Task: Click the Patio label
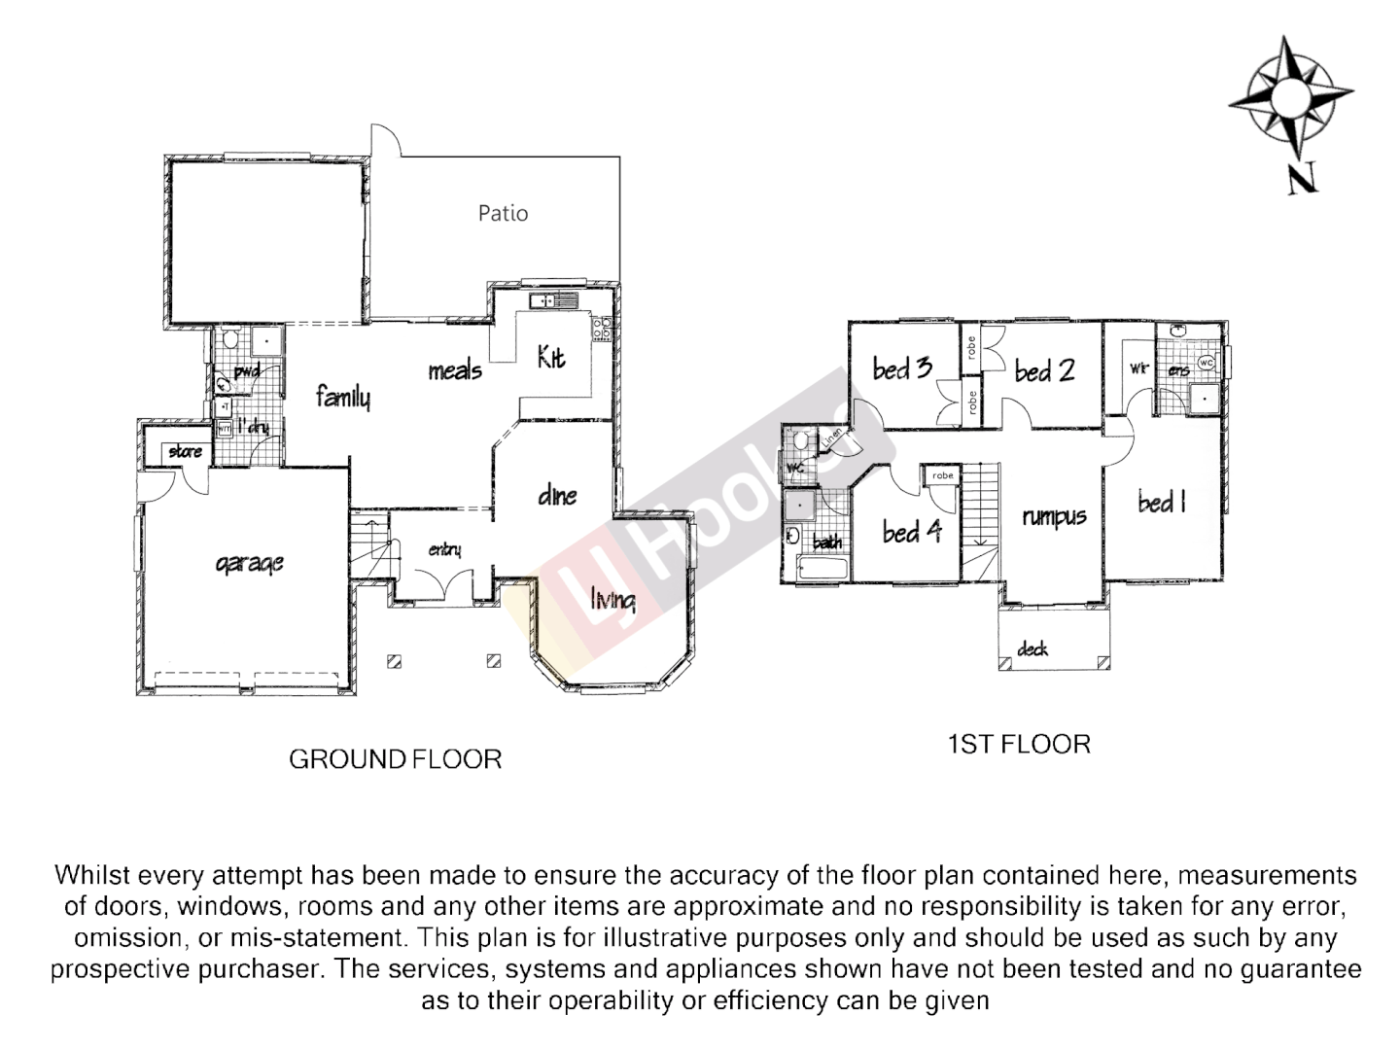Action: click(503, 213)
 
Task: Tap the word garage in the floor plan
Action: click(249, 563)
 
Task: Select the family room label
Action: click(343, 397)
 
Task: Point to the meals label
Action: click(455, 370)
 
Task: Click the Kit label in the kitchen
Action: click(551, 357)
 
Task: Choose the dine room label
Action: click(557, 496)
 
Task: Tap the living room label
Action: click(613, 601)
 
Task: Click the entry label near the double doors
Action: click(444, 550)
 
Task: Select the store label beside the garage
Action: click(185, 451)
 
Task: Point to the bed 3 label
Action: click(901, 368)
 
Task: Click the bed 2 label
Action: click(1044, 370)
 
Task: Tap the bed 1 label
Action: click(1162, 503)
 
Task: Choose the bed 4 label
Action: click(912, 532)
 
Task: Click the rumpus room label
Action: click(1054, 517)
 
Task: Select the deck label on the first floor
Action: click(1032, 648)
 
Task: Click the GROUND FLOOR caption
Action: click(395, 759)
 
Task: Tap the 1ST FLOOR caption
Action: click(1018, 745)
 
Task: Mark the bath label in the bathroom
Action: click(826, 542)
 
